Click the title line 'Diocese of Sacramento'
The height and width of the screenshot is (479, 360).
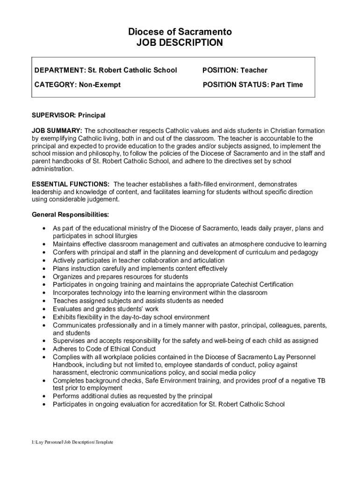tap(180, 32)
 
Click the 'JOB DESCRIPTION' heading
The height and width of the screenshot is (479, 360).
tap(180, 43)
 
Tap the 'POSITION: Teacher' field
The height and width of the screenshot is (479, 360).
tap(235, 70)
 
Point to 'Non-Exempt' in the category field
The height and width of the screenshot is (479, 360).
tap(100, 85)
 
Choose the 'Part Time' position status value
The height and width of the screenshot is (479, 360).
tap(286, 85)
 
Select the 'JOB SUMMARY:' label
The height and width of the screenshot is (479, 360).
tap(57, 131)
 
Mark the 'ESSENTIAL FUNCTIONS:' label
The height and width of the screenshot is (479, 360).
tap(71, 184)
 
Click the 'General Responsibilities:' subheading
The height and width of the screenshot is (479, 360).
tap(70, 215)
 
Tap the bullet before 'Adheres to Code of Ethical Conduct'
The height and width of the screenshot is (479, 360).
tap(43, 349)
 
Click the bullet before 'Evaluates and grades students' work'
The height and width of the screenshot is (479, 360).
tap(43, 309)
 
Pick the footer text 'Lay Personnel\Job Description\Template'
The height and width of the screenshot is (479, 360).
tap(72, 442)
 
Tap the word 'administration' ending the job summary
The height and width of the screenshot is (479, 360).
tap(52, 169)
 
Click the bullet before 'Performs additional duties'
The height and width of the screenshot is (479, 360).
tap(43, 396)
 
